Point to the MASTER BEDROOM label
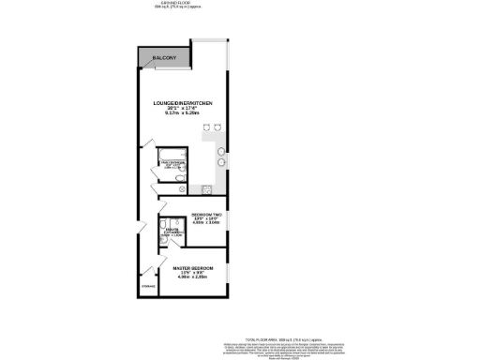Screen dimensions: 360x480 pyautogui.click(x=193, y=267)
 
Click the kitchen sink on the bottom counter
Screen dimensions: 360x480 pyautogui.click(x=206, y=187)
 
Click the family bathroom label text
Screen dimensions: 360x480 pyautogui.click(x=175, y=165)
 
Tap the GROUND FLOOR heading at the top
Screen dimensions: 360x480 pyautogui.click(x=173, y=4)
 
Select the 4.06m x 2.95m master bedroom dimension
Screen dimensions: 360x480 pyautogui.click(x=193, y=278)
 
